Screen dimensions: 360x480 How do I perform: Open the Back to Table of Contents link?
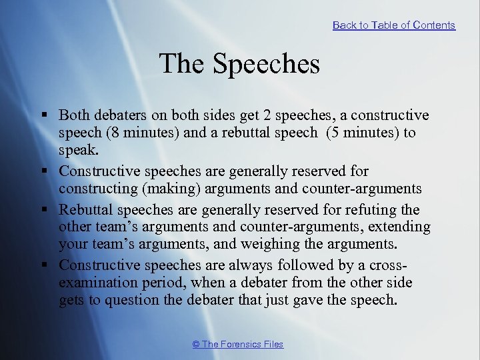point(393,25)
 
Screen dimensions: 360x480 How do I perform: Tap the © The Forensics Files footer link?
point(237,345)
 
